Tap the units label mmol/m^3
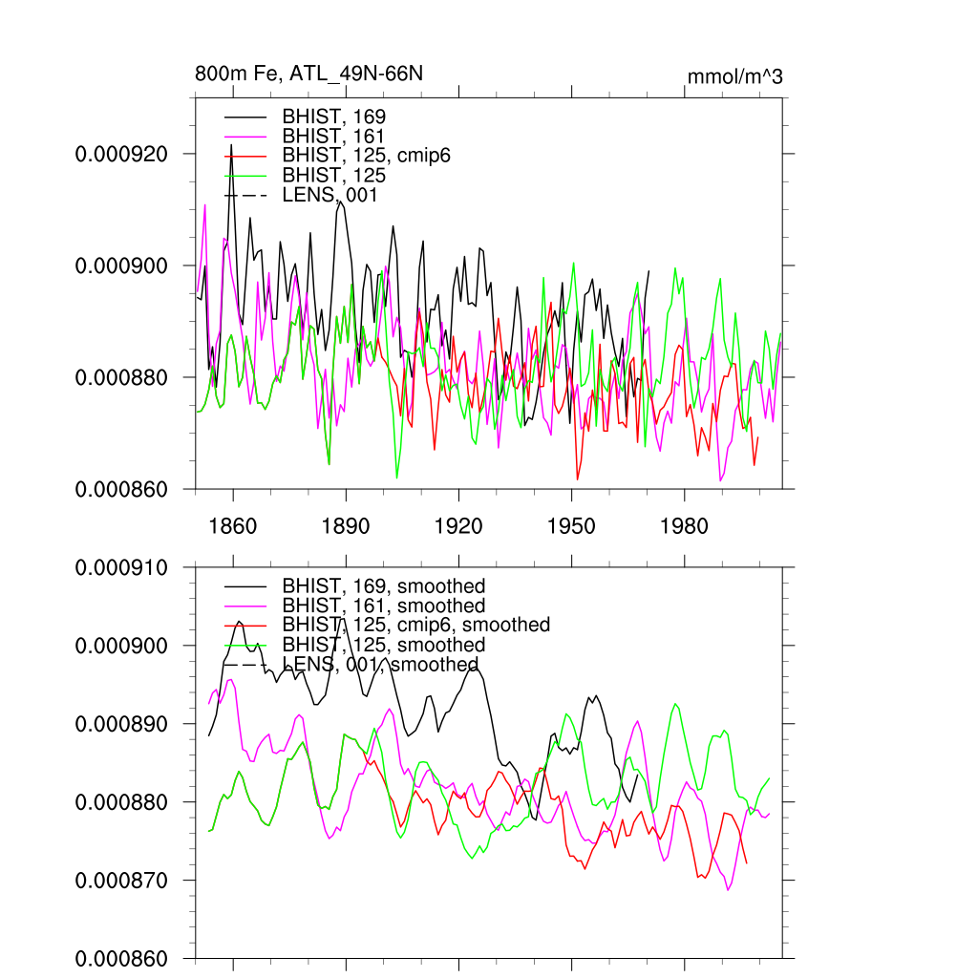734,76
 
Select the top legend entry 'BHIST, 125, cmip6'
366,156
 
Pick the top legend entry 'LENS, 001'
330,195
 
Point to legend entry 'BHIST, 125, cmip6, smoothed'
415,625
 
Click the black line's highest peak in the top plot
231,144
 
